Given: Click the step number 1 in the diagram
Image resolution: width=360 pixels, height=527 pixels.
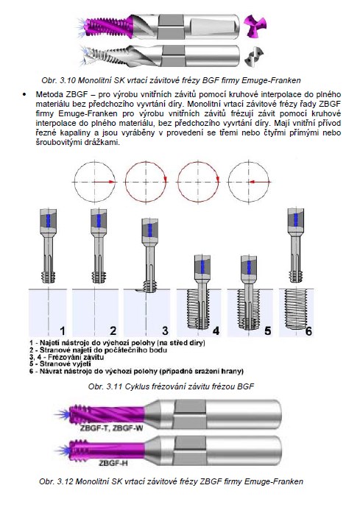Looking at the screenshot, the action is (x=62, y=330).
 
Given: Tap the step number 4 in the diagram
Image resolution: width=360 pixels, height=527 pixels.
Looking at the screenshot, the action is (x=216, y=330).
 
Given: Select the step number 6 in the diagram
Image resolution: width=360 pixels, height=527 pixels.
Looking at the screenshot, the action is (x=308, y=331).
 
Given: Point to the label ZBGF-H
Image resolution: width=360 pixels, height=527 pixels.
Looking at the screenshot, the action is (x=113, y=463).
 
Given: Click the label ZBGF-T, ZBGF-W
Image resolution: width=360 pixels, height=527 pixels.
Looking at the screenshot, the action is (x=112, y=428).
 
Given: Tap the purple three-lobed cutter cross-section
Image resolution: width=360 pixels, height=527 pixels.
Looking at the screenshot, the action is (x=255, y=26).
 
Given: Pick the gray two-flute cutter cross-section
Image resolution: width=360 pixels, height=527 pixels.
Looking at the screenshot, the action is (x=254, y=57).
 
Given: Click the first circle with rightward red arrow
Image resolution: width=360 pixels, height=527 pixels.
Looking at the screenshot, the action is (x=94, y=182).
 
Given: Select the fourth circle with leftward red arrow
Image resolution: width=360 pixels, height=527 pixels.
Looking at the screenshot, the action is (x=249, y=182).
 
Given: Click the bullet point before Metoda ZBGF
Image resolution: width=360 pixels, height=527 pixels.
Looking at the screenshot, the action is (x=24, y=94).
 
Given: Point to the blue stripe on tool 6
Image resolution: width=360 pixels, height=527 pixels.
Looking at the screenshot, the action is (x=295, y=220).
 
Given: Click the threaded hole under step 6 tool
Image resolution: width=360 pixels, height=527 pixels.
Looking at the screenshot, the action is (x=296, y=309).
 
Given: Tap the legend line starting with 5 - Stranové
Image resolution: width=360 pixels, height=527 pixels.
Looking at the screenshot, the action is (x=60, y=364).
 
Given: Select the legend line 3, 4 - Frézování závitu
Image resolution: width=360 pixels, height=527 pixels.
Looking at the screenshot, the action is (x=66, y=357).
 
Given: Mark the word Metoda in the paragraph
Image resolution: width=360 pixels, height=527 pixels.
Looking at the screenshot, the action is (x=49, y=94).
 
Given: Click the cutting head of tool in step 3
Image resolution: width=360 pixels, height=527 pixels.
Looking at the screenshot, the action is (x=150, y=286).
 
